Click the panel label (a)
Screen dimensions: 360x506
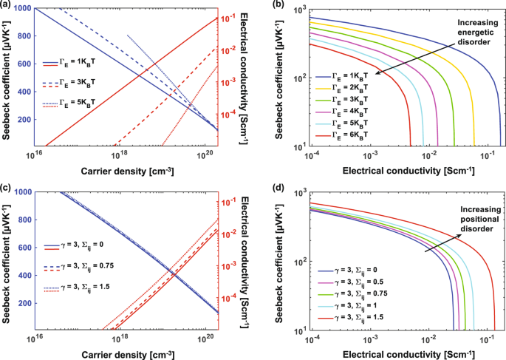coord(8,6)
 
